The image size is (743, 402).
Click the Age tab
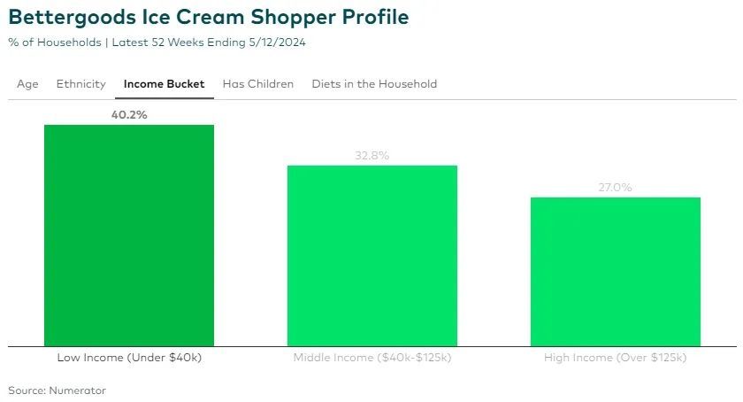tap(27, 84)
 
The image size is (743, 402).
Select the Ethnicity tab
tap(81, 84)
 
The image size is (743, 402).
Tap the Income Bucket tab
tap(164, 84)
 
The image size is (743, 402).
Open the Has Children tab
tap(258, 84)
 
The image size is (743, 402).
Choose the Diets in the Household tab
tap(374, 84)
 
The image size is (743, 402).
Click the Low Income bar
tap(129, 236)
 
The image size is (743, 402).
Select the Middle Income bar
tap(372, 256)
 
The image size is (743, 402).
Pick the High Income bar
tap(616, 272)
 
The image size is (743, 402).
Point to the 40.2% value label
tap(129, 115)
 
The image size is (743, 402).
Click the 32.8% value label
tap(372, 156)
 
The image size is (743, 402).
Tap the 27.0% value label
tap(615, 188)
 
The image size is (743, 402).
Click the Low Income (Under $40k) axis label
tap(129, 358)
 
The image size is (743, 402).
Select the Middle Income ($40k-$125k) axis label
tap(372, 358)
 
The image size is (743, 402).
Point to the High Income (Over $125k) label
tap(615, 358)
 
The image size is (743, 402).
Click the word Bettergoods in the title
tap(73, 17)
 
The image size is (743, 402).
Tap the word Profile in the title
tap(375, 17)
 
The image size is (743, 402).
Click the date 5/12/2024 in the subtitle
tap(277, 43)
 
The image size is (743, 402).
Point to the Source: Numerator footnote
tap(57, 390)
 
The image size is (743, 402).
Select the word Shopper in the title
tap(294, 17)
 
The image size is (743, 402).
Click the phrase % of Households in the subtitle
tap(55, 43)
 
